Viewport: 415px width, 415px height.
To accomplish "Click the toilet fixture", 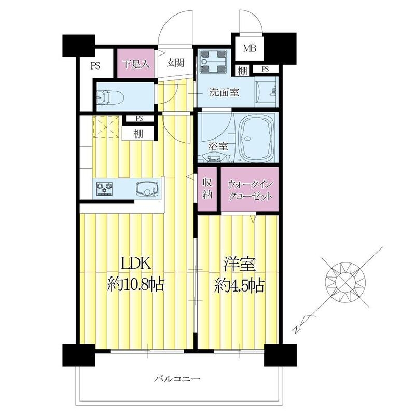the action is pyautogui.click(x=110, y=97).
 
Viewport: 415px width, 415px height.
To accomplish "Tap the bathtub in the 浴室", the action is pyautogui.click(x=255, y=139).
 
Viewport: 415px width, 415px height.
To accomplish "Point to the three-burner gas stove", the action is pyautogui.click(x=104, y=189).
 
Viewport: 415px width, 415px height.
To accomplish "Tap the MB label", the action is pyautogui.click(x=250, y=48).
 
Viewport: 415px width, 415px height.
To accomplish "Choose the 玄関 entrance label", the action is pyautogui.click(x=175, y=63).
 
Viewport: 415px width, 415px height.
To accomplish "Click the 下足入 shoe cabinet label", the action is pyautogui.click(x=136, y=64).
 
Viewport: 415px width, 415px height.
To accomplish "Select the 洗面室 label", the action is pyautogui.click(x=224, y=93).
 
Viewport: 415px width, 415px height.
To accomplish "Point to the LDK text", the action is pyautogui.click(x=136, y=264).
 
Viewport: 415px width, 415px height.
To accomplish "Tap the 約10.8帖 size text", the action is pyautogui.click(x=135, y=285).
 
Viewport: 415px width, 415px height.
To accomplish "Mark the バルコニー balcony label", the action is pyautogui.click(x=177, y=379).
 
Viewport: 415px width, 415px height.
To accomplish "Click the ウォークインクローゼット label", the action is pyautogui.click(x=250, y=190).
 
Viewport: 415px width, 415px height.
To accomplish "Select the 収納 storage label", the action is pyautogui.click(x=207, y=188).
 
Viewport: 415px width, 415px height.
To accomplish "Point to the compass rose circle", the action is pyautogui.click(x=345, y=281).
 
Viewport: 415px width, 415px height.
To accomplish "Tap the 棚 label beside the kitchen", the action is pyautogui.click(x=138, y=134).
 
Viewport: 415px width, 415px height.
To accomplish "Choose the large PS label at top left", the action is pyautogui.click(x=95, y=65).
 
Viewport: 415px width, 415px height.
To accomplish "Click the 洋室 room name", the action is pyautogui.click(x=240, y=264).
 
